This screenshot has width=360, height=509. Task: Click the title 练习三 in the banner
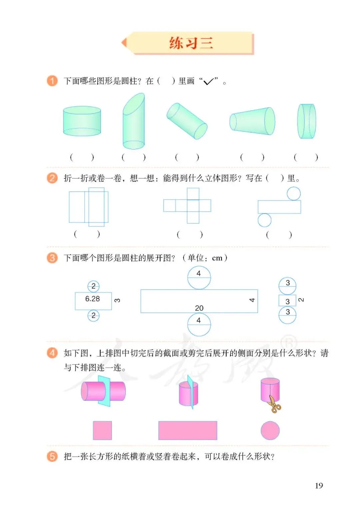pos(191,43)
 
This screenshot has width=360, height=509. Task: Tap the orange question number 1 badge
pos(52,81)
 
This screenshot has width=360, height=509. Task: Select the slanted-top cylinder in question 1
pos(134,122)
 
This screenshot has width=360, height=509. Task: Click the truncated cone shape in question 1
pos(252,121)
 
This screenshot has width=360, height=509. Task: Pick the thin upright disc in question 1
pos(307,121)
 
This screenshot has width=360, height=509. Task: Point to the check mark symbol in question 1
pos(208,81)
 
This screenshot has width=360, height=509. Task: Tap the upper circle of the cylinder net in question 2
pos(294,193)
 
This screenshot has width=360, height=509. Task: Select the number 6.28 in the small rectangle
pos(92,299)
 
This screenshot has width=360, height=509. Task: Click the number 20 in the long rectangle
pos(199,308)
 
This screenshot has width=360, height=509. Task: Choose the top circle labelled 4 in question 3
pos(199,278)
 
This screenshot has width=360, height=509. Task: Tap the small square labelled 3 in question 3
pos(287,301)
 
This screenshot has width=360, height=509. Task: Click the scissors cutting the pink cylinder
pos(274,404)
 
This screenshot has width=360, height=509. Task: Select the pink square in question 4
pos(102,430)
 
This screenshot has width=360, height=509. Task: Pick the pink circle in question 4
pos(270,430)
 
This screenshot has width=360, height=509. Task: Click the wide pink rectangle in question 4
pos(188,430)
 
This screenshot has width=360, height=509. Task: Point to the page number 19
pos(319,486)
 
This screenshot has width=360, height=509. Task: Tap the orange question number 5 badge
pos(52,456)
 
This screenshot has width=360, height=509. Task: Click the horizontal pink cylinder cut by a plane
pos(103,391)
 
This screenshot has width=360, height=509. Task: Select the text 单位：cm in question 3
pos(205,258)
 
